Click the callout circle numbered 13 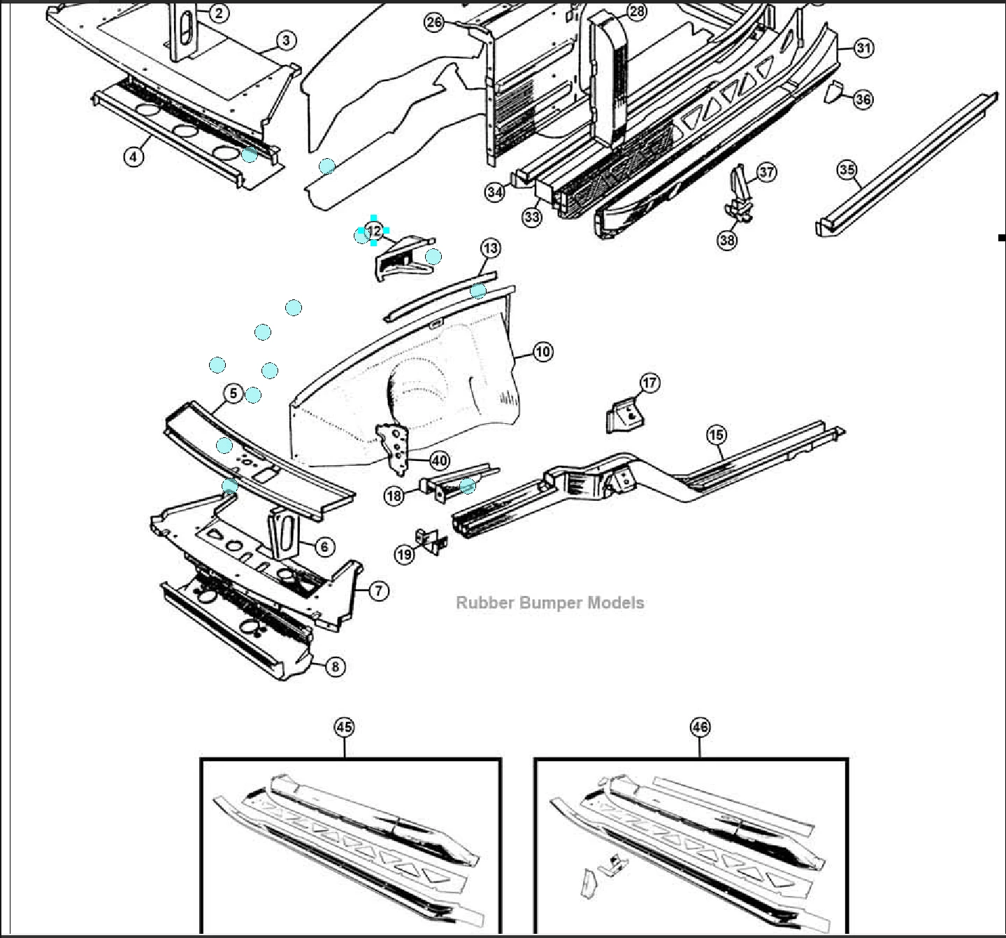coord(491,248)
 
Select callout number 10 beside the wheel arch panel coord(543,351)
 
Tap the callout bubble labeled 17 coord(649,383)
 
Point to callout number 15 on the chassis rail coord(716,435)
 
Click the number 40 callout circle coord(439,461)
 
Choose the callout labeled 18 coord(394,496)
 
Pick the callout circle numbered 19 coord(405,555)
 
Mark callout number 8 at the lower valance coord(335,667)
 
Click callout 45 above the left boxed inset coord(344,727)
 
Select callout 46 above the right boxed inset coord(700,727)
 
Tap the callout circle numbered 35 coord(847,170)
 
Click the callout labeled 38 coord(727,240)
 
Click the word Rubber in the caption coord(480,603)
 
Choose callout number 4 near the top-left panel coord(134,156)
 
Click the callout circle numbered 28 coord(637,11)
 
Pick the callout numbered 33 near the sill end coord(532,217)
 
